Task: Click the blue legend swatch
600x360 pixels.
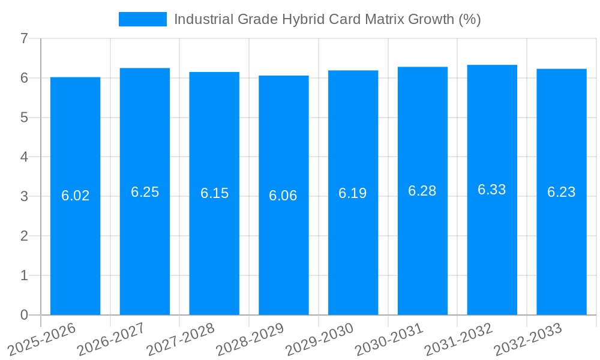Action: pyautogui.click(x=143, y=19)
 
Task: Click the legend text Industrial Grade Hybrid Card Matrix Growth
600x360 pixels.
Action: pyautogui.click(x=327, y=19)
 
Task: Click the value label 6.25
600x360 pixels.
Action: pyautogui.click(x=145, y=192)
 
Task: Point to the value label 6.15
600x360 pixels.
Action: pyautogui.click(x=214, y=193)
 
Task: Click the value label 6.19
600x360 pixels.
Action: pyautogui.click(x=353, y=193)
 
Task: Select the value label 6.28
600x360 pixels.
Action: pyautogui.click(x=422, y=191)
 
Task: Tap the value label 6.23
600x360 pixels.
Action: pyautogui.click(x=562, y=192)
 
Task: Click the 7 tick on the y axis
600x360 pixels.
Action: pyautogui.click(x=24, y=38)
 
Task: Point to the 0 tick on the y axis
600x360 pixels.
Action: pyautogui.click(x=24, y=315)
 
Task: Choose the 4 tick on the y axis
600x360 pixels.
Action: pyautogui.click(x=24, y=157)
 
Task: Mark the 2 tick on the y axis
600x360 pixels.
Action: pyautogui.click(x=24, y=236)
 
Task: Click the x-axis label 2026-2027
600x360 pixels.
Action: pyautogui.click(x=112, y=340)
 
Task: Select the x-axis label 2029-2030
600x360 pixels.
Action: pyautogui.click(x=320, y=340)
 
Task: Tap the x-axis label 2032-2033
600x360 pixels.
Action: pyautogui.click(x=528, y=340)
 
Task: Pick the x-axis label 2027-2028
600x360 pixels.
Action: pyautogui.click(x=181, y=340)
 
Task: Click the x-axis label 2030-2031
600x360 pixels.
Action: pyautogui.click(x=389, y=340)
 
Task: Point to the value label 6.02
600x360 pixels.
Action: pyautogui.click(x=75, y=196)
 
